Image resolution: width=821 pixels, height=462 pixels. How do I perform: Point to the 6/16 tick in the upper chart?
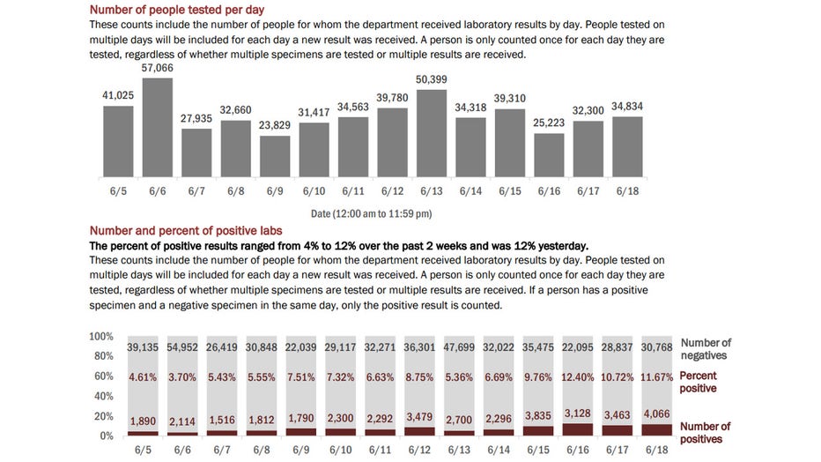(548, 190)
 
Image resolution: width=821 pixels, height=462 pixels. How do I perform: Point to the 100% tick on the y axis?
(102, 337)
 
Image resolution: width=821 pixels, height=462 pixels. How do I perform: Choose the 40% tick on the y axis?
(105, 397)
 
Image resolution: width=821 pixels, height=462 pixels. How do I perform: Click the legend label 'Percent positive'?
(698, 382)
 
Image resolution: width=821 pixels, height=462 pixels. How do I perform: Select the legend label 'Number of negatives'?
(705, 349)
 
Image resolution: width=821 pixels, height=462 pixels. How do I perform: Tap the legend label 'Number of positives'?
(705, 433)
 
